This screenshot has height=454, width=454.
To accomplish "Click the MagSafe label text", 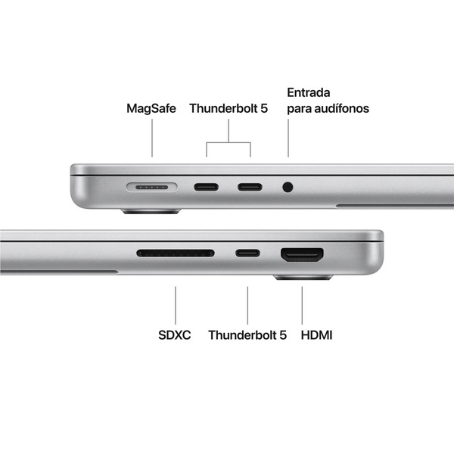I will pyautogui.click(x=151, y=108).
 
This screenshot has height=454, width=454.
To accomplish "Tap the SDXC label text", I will pyautogui.click(x=175, y=334).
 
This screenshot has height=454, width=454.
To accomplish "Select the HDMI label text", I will pyautogui.click(x=316, y=334).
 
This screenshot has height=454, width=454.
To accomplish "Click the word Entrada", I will pyautogui.click(x=309, y=92).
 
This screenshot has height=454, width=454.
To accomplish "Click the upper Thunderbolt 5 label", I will pyautogui.click(x=229, y=108).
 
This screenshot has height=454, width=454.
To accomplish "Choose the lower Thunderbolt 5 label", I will pyautogui.click(x=247, y=334).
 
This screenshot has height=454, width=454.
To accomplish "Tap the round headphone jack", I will pyautogui.click(x=288, y=186).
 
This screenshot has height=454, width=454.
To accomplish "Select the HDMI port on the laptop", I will pyautogui.click(x=302, y=255).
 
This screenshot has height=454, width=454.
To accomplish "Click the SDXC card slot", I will pyautogui.click(x=176, y=253).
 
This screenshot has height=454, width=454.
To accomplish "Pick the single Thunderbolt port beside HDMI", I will pyautogui.click(x=247, y=253).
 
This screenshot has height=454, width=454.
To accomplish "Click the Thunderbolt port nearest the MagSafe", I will pyautogui.click(x=206, y=186).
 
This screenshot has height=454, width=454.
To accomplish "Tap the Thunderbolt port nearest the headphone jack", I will pyautogui.click(x=250, y=186).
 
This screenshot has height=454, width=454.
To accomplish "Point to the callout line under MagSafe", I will pyautogui.click(x=152, y=140).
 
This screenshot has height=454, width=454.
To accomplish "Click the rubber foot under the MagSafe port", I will pyautogui.click(x=151, y=212).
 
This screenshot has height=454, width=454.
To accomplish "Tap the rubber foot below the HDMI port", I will pyautogui.click(x=302, y=278).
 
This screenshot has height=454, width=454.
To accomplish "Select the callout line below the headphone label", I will pyautogui.click(x=288, y=138).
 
